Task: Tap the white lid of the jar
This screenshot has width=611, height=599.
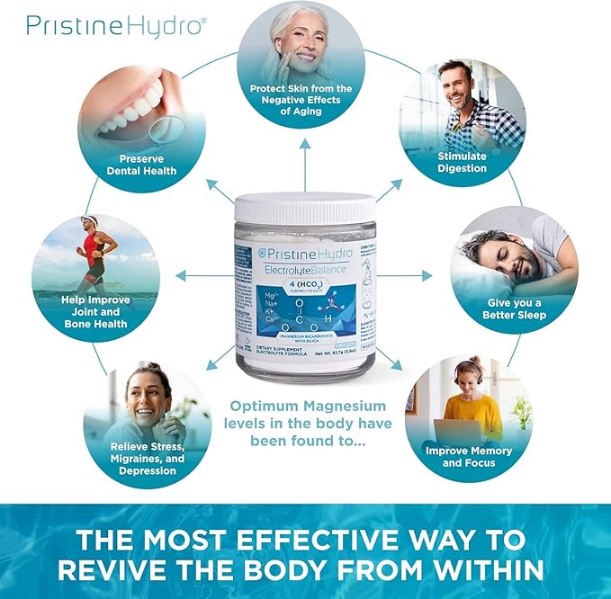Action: click(x=305, y=209)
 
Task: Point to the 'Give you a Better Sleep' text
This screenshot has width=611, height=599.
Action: click(x=511, y=308)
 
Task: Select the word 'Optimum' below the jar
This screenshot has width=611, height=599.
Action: click(x=267, y=407)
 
